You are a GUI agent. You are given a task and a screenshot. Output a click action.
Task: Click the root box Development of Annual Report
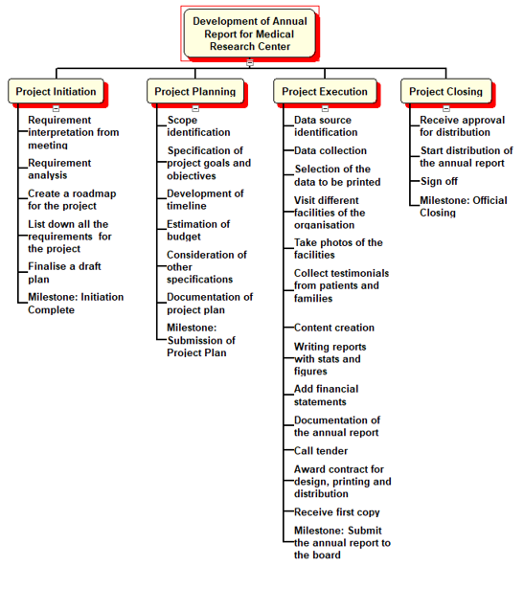(249, 34)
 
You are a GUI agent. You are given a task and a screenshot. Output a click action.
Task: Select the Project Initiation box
(56, 91)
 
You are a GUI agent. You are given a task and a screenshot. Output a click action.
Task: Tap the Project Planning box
(195, 91)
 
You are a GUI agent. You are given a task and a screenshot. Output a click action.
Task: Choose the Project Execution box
(325, 91)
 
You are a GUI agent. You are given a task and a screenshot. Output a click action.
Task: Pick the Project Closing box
(446, 91)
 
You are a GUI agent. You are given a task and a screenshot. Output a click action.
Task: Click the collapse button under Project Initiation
(56, 108)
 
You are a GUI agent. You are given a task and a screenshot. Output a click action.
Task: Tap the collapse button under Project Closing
(446, 108)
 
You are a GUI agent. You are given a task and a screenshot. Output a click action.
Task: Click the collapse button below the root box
(250, 62)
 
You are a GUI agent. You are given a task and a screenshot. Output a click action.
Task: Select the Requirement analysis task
(59, 169)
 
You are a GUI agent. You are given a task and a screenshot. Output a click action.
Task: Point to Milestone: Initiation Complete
(76, 304)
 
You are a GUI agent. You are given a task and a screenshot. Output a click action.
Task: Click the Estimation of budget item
(198, 230)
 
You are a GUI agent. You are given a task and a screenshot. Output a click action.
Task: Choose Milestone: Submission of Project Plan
(201, 340)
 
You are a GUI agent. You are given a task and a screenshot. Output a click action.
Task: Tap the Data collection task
(330, 150)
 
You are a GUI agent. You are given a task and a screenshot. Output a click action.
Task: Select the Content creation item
(334, 328)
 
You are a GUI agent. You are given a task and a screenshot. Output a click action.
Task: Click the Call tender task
(321, 451)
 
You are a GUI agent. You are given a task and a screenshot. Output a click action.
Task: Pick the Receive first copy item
(337, 512)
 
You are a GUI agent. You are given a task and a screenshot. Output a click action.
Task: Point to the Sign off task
(439, 181)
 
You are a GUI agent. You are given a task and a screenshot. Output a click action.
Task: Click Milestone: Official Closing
(464, 206)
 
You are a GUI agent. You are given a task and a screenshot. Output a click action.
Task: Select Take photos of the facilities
(338, 249)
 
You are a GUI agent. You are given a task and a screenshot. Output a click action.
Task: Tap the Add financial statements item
(326, 396)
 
